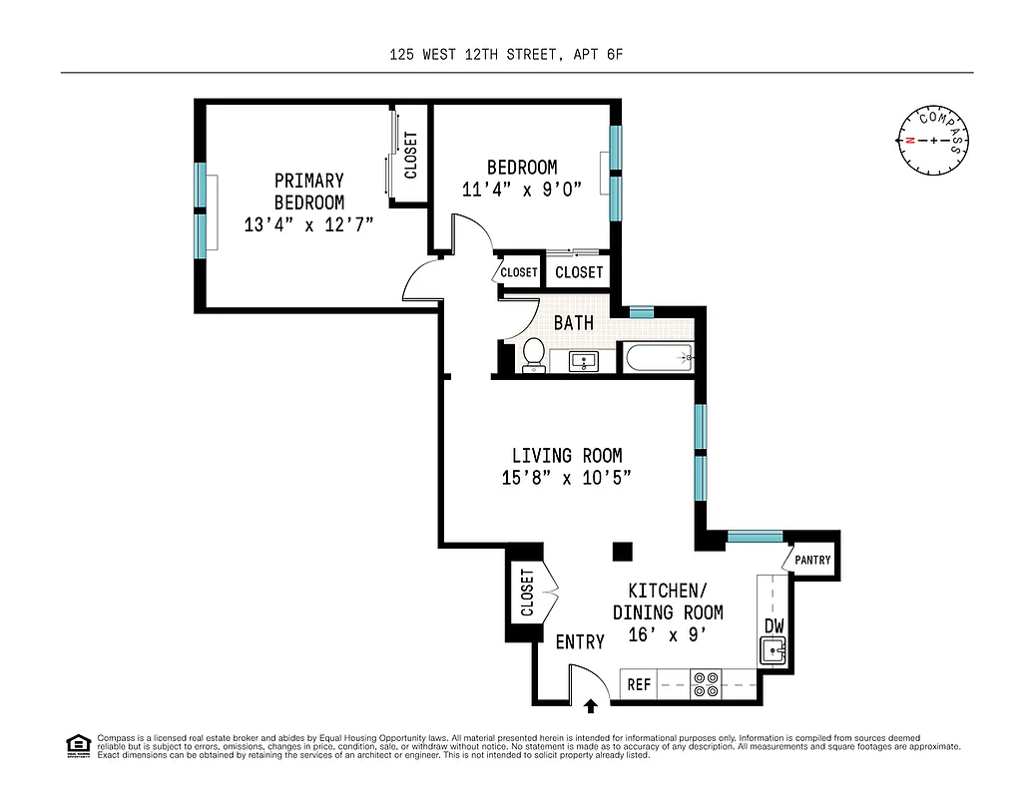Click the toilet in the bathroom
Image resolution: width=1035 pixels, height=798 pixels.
click(534, 354)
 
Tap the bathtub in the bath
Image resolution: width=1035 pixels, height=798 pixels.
click(657, 357)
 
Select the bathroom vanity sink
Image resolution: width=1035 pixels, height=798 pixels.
click(583, 360)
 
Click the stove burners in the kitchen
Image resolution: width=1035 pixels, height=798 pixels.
click(706, 684)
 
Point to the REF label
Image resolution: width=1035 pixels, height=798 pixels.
click(639, 685)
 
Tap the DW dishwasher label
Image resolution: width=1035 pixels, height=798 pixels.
click(774, 625)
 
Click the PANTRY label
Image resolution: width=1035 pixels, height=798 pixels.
click(812, 560)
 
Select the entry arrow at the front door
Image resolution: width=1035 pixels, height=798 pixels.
click(591, 706)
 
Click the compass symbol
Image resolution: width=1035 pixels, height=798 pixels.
click(933, 140)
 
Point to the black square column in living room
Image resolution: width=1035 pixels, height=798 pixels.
click(623, 552)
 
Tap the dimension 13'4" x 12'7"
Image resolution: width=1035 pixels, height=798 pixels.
click(308, 224)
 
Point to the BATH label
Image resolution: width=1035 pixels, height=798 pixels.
click(574, 322)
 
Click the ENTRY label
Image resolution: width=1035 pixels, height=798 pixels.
click(580, 642)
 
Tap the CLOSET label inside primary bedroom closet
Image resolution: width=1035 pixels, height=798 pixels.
click(410, 156)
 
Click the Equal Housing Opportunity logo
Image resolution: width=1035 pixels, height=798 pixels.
click(76, 744)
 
